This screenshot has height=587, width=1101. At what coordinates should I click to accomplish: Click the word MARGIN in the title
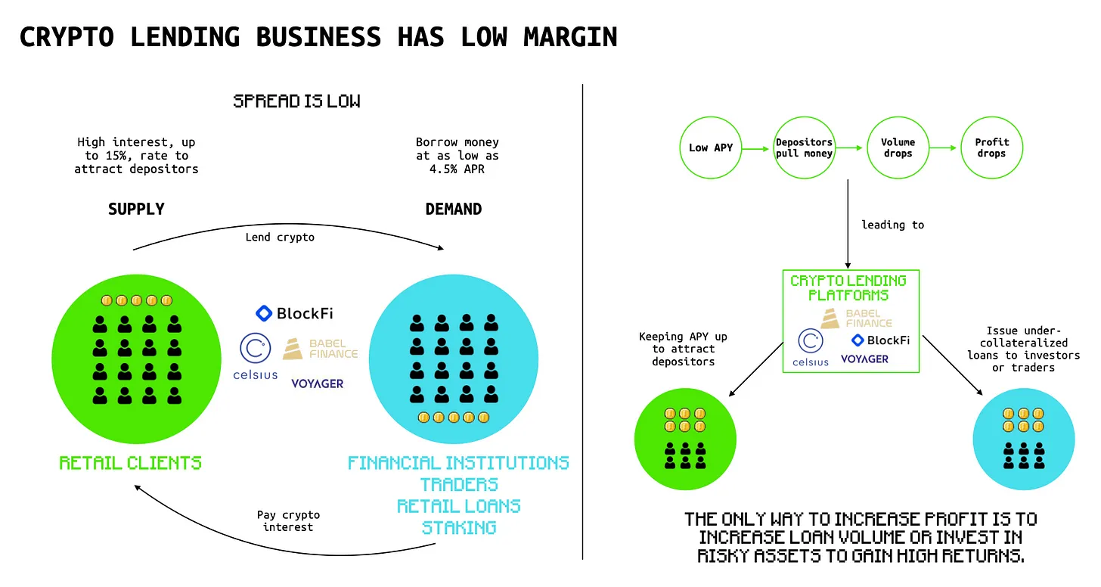(x=570, y=37)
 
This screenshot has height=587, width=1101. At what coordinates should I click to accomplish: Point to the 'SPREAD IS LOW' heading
(x=296, y=101)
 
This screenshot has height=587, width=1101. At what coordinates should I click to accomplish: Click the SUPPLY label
(x=136, y=209)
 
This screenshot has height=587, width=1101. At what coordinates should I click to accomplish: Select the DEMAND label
(x=453, y=209)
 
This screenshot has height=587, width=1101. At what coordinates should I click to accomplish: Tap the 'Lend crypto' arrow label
(x=280, y=237)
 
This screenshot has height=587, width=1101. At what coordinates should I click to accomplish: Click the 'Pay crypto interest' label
(x=288, y=520)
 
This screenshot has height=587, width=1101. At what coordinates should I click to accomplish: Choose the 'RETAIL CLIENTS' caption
(x=130, y=463)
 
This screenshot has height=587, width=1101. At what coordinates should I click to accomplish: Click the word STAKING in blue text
(x=459, y=527)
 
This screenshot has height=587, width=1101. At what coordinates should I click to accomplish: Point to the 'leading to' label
(x=892, y=225)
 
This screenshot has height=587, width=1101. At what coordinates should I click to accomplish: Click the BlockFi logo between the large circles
(x=294, y=313)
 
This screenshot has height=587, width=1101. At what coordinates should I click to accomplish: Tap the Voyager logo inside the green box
(x=864, y=359)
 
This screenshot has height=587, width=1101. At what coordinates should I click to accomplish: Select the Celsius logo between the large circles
(x=255, y=356)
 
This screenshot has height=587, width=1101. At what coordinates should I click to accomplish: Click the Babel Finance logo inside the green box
(x=856, y=318)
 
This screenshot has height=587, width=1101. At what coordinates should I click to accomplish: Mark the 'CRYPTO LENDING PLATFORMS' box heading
(x=848, y=287)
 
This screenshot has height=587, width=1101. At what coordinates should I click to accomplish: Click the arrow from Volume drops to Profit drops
(x=943, y=148)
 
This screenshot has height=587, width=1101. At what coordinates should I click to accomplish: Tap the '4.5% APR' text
(x=457, y=169)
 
